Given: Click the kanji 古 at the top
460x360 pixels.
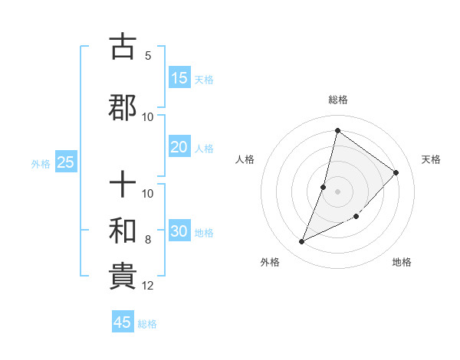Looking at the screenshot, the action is pyautogui.click(x=123, y=47).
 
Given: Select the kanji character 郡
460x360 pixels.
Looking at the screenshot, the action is pyautogui.click(x=123, y=106).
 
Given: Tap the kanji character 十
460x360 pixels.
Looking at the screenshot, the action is pyautogui.click(x=123, y=185).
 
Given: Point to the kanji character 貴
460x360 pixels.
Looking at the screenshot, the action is pyautogui.click(x=123, y=277).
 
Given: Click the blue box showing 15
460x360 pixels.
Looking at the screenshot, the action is pyautogui.click(x=179, y=78).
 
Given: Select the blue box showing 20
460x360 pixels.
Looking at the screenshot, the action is pyautogui.click(x=179, y=148).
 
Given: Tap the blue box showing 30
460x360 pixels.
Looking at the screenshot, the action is pyautogui.click(x=179, y=232).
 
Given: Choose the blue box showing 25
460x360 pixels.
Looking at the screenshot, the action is pyautogui.click(x=66, y=162).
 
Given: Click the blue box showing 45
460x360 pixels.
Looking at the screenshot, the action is pyautogui.click(x=123, y=322).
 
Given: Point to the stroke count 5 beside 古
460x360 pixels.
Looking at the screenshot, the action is pyautogui.click(x=148, y=55).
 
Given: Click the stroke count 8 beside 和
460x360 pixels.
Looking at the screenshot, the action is pyautogui.click(x=148, y=240).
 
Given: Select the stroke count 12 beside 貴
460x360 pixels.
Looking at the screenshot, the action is pyautogui.click(x=148, y=286).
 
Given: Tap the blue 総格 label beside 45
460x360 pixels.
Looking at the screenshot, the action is pyautogui.click(x=147, y=324).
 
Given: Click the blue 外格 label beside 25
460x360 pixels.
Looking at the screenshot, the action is pyautogui.click(x=41, y=163).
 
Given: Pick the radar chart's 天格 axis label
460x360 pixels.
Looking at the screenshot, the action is pyautogui.click(x=431, y=159).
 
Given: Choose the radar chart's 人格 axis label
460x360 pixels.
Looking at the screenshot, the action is pyautogui.click(x=245, y=159).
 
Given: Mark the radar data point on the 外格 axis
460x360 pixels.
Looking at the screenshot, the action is pyautogui.click(x=302, y=242).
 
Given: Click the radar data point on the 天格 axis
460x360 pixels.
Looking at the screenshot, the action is pyautogui.click(x=396, y=172).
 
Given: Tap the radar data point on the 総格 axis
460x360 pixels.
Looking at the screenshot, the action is pyautogui.click(x=337, y=130).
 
